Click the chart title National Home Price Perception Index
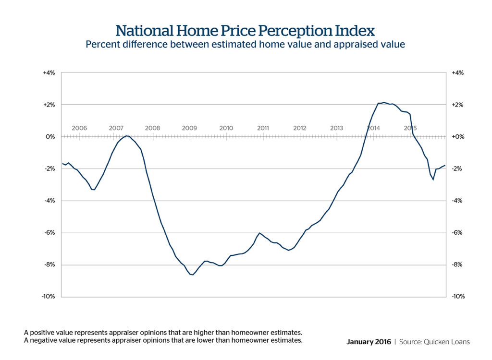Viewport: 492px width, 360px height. (x=246, y=31)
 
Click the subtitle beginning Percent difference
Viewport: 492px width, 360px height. (x=246, y=45)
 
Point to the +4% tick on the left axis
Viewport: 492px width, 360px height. (x=49, y=73)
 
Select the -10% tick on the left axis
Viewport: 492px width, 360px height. (x=49, y=297)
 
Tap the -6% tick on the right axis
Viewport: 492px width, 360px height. (x=457, y=233)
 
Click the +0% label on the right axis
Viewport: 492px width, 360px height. (x=457, y=137)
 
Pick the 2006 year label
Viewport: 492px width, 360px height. (x=79, y=128)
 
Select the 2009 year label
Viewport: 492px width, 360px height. (x=189, y=128)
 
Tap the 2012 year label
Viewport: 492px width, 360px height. (x=300, y=128)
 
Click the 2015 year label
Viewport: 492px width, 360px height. (x=410, y=128)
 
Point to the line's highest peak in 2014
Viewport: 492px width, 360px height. (x=384, y=102)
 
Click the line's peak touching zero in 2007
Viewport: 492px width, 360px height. (x=127, y=136)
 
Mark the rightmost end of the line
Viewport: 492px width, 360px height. (x=445, y=166)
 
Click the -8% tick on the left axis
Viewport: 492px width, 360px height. (x=49, y=264)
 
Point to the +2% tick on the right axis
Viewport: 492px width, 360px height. (x=457, y=105)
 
